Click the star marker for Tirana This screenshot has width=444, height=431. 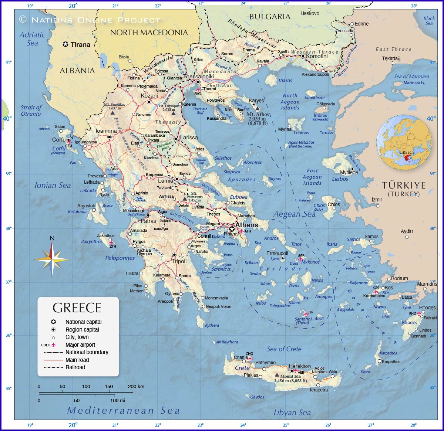[x=65, y=44]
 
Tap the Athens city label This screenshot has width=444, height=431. [x=247, y=225]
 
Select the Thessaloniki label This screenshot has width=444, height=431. [x=199, y=77]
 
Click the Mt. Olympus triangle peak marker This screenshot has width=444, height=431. [x=173, y=113]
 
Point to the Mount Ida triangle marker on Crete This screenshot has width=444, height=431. [x=277, y=375]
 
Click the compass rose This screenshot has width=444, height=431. [x=52, y=259]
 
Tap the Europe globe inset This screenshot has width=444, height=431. [x=404, y=142]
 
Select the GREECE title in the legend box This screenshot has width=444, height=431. [x=77, y=308]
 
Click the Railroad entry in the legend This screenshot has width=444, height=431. [x=75, y=367]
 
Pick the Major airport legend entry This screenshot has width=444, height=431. [x=80, y=345]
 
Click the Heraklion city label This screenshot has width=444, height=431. [x=300, y=366]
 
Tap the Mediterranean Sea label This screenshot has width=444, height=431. [x=123, y=410]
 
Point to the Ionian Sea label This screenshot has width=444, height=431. [x=53, y=185]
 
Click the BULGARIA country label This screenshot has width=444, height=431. [x=270, y=16]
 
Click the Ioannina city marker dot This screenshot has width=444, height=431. [x=110, y=137]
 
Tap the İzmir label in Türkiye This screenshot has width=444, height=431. [x=377, y=200]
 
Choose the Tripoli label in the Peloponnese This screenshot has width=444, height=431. [x=179, y=261]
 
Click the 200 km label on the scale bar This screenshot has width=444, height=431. [x=136, y=386]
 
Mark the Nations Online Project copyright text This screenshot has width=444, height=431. [x=90, y=20]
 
